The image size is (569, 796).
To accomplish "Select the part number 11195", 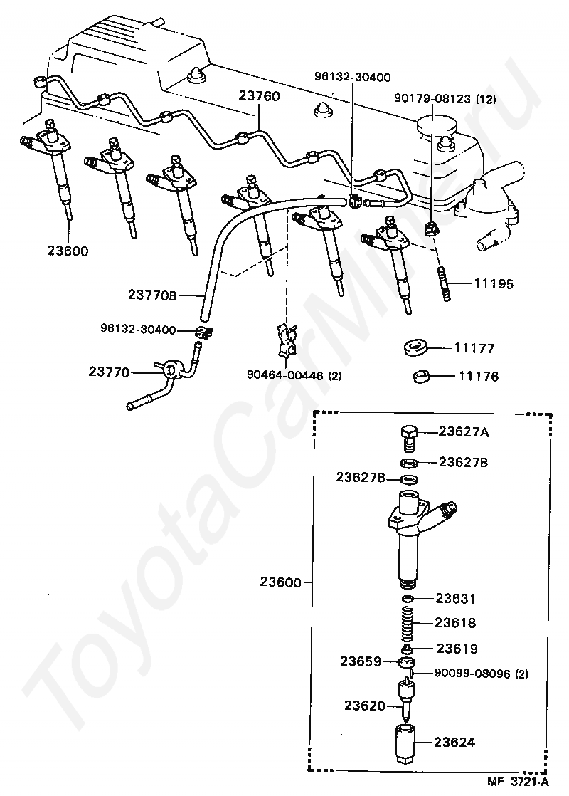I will (x=493, y=283).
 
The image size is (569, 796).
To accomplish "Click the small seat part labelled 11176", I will (x=422, y=375).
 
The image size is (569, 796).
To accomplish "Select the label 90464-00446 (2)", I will (x=293, y=375).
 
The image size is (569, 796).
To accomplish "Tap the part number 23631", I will (x=456, y=599).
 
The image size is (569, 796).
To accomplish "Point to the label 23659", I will (x=361, y=661).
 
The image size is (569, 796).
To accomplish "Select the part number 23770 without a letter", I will (x=110, y=371).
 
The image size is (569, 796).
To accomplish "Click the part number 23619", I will (x=457, y=649).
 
